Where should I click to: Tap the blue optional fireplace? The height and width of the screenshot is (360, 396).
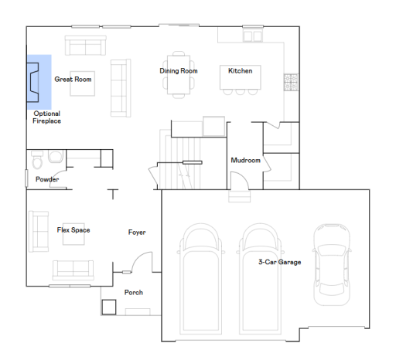39,81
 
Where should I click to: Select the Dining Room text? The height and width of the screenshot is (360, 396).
179,71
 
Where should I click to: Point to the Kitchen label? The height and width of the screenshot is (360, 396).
239,71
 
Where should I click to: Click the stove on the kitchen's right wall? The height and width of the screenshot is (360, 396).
292,80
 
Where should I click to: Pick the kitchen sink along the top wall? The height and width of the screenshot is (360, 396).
253,36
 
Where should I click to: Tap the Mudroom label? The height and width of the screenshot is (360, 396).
245,161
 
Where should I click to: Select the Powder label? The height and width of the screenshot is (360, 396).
47,180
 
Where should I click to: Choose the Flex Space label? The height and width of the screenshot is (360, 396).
73,230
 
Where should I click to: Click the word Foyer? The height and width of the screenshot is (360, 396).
137,232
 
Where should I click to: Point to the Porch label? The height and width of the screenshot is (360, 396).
134,292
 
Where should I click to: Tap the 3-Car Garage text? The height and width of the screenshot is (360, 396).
279,262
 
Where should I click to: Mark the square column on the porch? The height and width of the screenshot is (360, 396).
108,307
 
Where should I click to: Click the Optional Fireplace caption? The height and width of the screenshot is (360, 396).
47,117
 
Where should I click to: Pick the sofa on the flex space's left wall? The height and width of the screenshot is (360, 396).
35,229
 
